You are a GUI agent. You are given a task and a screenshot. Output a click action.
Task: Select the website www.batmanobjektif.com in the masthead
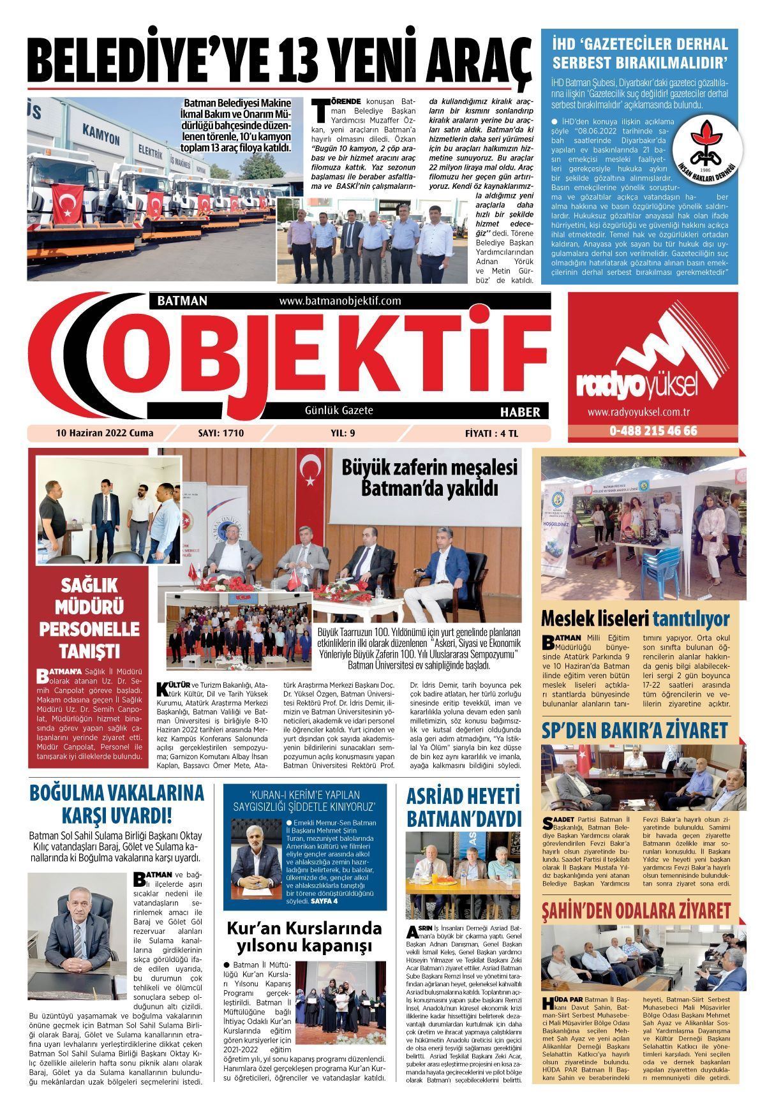(x=339, y=300)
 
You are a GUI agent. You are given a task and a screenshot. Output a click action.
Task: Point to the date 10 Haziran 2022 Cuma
(x=105, y=433)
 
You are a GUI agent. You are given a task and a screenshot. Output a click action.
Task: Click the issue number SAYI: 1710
(x=221, y=433)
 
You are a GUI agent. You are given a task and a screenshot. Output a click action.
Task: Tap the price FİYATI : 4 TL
(x=492, y=433)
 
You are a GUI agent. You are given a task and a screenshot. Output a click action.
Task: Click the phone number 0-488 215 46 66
(x=653, y=431)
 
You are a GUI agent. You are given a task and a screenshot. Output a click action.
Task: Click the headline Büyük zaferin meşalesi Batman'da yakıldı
(x=429, y=478)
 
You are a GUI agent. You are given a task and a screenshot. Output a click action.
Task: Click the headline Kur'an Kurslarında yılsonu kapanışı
(x=304, y=936)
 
